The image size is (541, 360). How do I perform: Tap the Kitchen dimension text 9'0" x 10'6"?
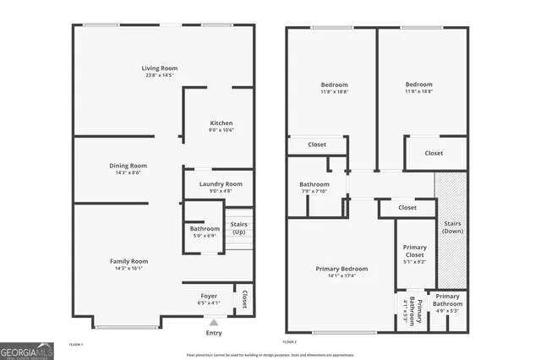221,130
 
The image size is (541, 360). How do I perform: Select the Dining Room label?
128,166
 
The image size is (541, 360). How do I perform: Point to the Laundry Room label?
221,183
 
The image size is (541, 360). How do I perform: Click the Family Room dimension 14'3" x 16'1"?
128,269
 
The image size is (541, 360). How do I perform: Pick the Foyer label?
209,296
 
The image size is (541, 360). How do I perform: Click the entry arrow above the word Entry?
214,322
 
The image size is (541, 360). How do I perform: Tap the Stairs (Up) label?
239,228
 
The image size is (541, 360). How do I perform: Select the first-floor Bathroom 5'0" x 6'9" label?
205,228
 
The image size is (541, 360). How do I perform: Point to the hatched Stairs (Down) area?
451,228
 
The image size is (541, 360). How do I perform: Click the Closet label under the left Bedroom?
317,145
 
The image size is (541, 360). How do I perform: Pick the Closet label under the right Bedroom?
434,153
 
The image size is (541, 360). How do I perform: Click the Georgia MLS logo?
26,350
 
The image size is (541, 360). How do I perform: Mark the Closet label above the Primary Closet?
407,207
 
